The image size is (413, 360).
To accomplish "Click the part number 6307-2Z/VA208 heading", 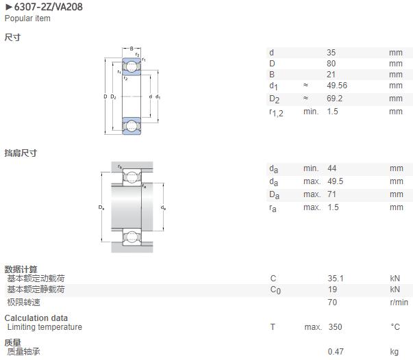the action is coord(48,7).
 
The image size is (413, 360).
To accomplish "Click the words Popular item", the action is coord(27,18).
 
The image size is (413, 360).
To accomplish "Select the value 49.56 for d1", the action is coord(337,86).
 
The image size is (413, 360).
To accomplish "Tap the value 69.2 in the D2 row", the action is coord(334,99).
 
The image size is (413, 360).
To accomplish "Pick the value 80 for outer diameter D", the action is coord(331,64).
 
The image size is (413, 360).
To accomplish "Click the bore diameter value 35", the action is coord(331,53).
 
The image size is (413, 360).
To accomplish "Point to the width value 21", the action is coord(331,75).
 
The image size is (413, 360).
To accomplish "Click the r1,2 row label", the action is coord(276,112).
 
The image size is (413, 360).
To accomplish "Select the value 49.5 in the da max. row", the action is coord(336,181).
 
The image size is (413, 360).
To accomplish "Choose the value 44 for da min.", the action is coord(332,168).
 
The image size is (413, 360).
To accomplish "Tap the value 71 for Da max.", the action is coord(331,194).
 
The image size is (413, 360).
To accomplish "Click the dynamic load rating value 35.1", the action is coord(336,278).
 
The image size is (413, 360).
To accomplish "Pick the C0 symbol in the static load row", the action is coord(275,290).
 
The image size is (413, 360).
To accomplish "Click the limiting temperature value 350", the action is coord(335,327).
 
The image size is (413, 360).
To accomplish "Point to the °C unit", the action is coord(395,327).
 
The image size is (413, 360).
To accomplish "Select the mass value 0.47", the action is coord(336,351).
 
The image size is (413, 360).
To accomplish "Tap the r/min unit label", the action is coord(399,303).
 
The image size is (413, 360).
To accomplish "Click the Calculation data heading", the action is coord(36,318).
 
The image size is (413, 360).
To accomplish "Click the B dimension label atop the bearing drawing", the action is coord(132,49).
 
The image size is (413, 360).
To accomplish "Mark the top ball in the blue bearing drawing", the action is coord(132,66).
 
